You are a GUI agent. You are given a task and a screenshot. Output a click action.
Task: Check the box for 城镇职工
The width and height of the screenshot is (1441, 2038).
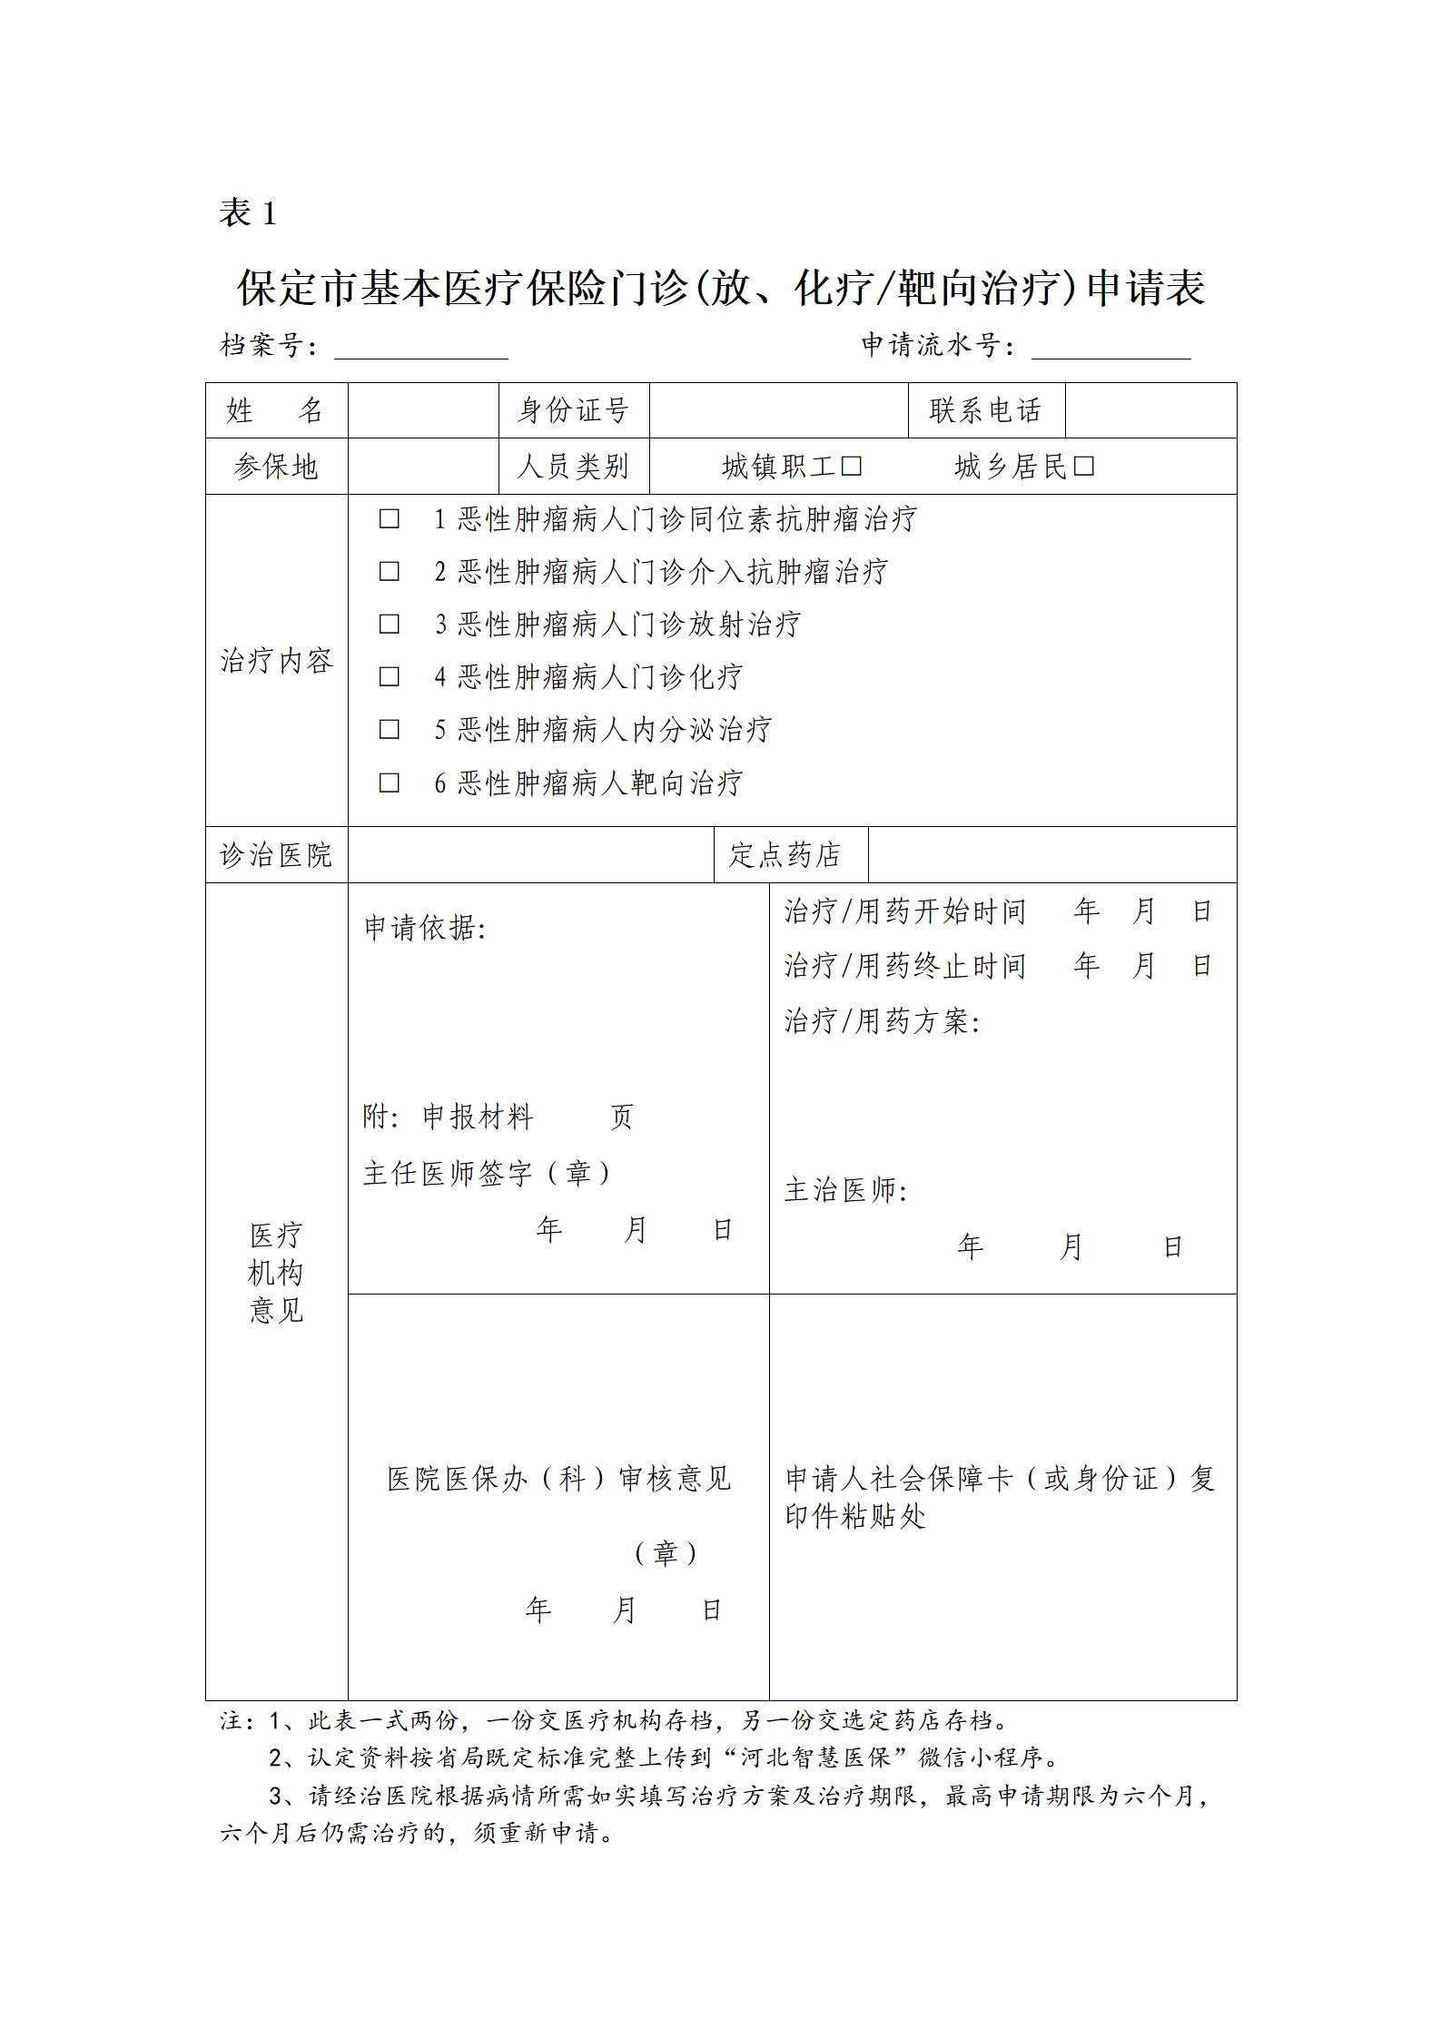(851, 467)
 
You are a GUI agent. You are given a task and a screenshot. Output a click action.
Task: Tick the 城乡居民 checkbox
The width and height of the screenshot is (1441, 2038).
(1083, 467)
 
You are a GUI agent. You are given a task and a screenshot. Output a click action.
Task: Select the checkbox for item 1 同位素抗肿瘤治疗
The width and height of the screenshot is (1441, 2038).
(389, 519)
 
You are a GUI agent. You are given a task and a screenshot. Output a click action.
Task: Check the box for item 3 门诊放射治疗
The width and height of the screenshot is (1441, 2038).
(389, 625)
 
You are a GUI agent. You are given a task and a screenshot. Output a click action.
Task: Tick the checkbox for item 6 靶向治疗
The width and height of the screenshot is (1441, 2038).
(389, 783)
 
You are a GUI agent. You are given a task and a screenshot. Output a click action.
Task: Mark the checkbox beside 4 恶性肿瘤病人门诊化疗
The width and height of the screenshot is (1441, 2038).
(389, 677)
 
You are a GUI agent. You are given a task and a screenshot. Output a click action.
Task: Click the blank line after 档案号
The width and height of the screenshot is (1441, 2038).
(420, 348)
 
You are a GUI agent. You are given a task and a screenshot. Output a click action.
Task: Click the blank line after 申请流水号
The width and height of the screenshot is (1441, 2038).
(1110, 348)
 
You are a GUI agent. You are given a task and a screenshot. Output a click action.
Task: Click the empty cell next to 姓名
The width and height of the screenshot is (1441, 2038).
(423, 410)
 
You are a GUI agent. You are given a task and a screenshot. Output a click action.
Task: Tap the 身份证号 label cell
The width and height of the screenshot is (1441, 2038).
(574, 410)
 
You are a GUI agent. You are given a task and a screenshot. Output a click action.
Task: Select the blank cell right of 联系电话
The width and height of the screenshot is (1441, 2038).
(1150, 410)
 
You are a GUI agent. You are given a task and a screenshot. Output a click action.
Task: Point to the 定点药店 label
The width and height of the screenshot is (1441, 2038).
(785, 855)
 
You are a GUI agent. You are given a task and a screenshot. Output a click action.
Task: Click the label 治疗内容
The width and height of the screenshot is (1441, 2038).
(276, 661)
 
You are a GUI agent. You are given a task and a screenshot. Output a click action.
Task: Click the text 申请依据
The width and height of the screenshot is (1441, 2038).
(425, 928)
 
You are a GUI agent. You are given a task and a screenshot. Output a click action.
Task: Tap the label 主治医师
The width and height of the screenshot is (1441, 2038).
(845, 1190)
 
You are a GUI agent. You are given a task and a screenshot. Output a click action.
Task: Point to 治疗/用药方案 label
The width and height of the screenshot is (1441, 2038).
(882, 1021)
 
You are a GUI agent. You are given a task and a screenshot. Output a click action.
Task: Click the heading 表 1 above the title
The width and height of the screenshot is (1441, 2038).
(247, 213)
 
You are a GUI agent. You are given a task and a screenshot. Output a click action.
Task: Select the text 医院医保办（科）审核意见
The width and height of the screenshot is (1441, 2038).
(558, 1479)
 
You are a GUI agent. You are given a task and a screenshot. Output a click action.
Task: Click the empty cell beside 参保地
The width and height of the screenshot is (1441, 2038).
(423, 467)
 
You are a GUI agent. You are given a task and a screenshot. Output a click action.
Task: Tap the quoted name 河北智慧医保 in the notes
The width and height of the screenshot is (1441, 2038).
(815, 1757)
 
